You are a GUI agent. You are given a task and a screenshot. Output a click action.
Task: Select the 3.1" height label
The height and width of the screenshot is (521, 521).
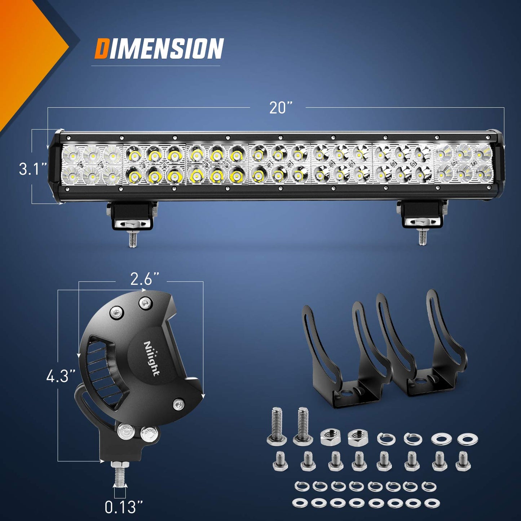coord(33,169)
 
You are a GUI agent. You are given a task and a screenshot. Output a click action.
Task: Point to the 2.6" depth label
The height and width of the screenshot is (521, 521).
coord(144,279)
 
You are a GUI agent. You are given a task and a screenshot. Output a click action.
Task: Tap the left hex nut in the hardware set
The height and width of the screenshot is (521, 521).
coord(328,437)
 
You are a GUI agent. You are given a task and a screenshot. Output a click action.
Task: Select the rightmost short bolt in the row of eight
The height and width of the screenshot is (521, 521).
coord(463,462)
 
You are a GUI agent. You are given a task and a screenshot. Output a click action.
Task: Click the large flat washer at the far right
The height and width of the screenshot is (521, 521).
coord(468,439)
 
